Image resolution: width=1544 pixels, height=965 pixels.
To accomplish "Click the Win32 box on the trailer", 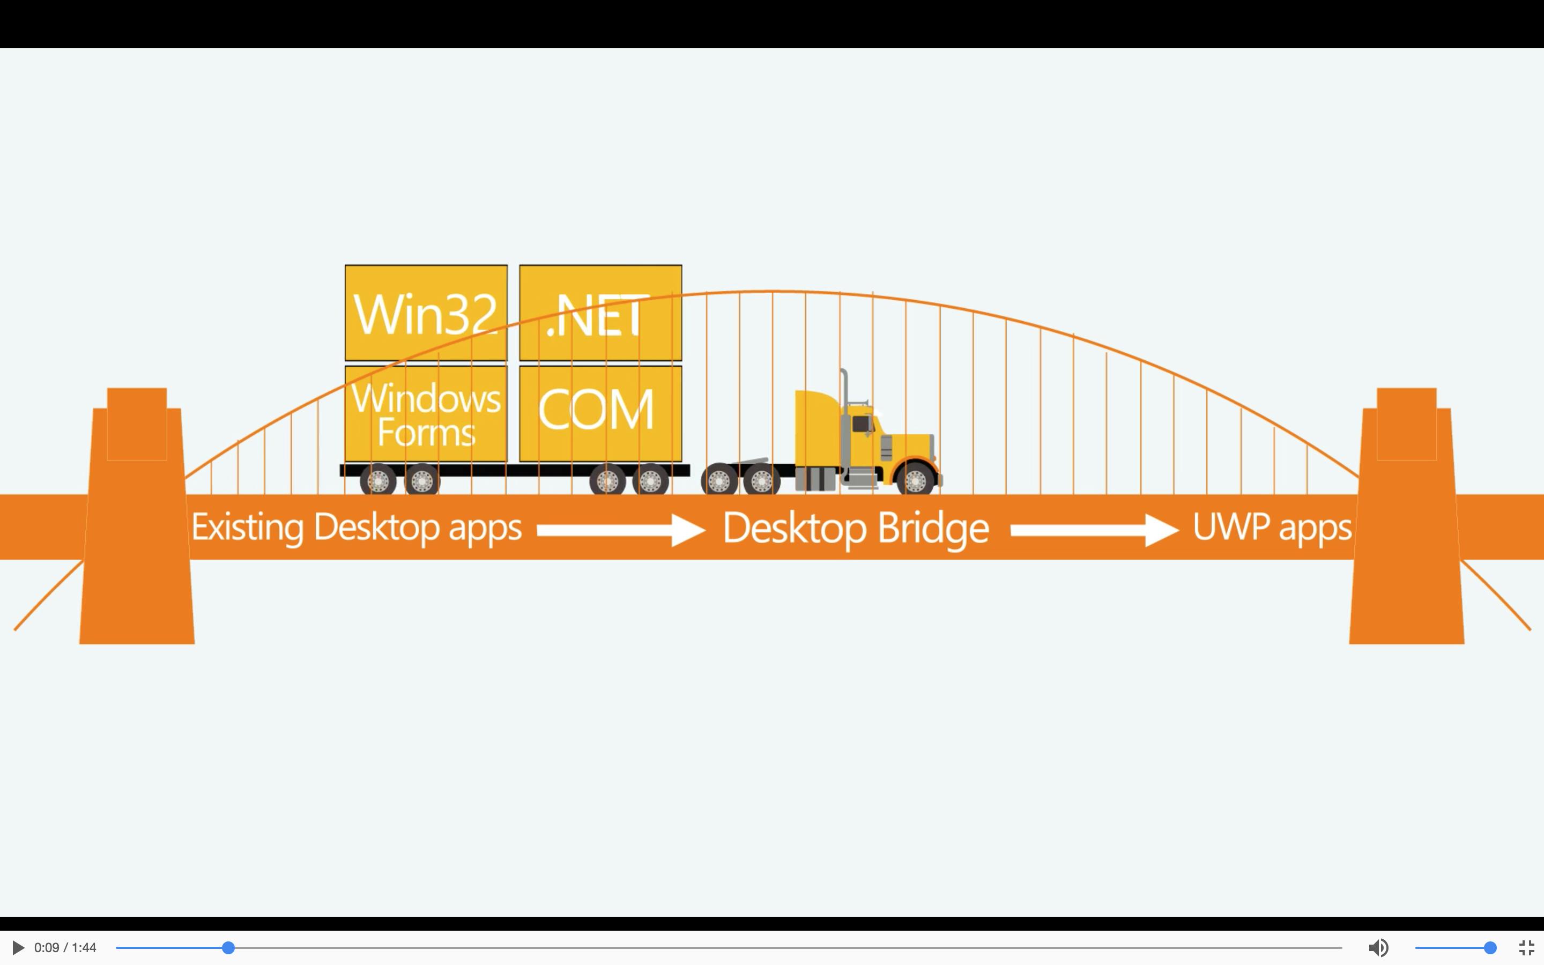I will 426,313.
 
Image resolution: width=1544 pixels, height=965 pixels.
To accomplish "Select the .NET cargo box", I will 600,313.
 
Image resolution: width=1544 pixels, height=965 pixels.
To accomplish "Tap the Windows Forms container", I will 426,413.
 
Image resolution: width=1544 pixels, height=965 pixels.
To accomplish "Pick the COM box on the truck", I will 600,413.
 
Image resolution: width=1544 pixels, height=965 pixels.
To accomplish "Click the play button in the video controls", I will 18,948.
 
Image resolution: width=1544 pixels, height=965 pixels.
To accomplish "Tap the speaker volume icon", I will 1378,948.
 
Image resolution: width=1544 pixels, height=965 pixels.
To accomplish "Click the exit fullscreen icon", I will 1526,948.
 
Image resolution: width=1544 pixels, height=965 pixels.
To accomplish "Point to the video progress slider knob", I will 228,948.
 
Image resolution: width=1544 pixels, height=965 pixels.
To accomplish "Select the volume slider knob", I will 1490,948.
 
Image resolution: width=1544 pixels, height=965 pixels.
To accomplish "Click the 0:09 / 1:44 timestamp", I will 65,948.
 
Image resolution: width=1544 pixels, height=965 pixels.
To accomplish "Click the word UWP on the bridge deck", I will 1231,527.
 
